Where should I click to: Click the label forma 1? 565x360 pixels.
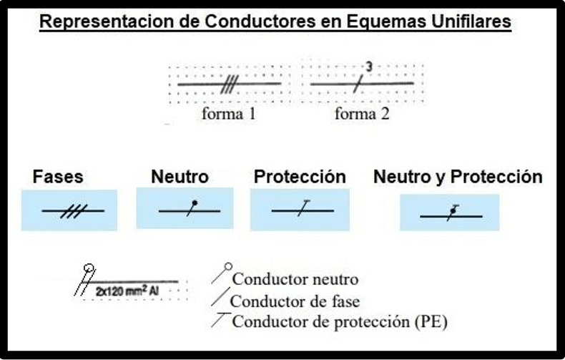229,114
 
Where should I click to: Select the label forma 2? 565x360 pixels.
362,114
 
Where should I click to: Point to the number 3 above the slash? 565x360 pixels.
368,67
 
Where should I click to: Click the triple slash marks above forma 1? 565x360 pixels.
230,84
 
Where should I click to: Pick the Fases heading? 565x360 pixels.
58,177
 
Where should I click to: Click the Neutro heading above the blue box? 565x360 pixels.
180,177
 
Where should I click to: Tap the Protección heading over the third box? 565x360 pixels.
300,177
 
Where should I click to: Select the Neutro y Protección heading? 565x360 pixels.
458,177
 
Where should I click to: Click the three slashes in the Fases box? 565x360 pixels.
74,211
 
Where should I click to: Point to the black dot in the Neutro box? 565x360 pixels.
195,203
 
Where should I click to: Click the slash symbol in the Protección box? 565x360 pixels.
304,208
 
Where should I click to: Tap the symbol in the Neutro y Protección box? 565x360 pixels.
453,213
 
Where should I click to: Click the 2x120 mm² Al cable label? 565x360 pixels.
127,291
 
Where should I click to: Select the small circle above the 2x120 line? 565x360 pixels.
89,268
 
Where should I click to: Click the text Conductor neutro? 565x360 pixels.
295,279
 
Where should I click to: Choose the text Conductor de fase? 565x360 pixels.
295,301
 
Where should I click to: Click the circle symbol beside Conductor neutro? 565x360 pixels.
228,267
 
